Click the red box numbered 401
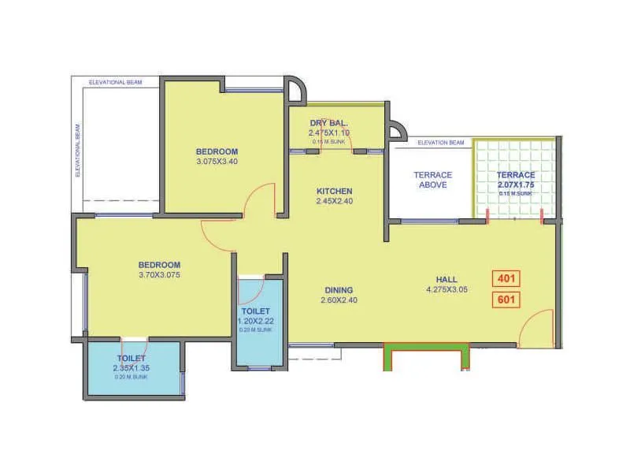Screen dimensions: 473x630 point(506,278)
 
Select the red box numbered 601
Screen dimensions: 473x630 point(506,300)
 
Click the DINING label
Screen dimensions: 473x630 point(336,289)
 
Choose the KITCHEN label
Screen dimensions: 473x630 point(335,191)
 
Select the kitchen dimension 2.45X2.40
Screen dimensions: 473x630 point(335,202)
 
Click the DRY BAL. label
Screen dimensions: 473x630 point(329,123)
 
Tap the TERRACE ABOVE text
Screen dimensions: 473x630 point(433,180)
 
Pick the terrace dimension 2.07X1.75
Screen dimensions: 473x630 point(516,184)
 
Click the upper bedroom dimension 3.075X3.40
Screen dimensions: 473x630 point(217,162)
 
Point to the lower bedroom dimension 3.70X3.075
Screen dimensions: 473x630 point(160,275)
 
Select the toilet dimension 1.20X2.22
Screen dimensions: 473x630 point(257,322)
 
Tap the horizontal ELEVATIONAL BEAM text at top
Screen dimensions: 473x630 point(115,81)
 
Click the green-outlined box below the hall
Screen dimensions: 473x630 point(426,357)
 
